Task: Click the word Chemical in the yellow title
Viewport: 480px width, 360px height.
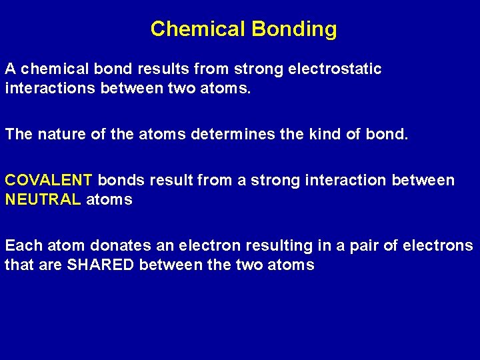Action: (197, 29)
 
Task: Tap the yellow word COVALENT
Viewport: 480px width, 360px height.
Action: (49, 181)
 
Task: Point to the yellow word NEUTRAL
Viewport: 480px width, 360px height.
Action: (43, 199)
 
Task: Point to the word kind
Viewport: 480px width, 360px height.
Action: (323, 134)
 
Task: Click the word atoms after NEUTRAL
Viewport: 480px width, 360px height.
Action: (109, 199)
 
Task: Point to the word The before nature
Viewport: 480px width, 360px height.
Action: (19, 134)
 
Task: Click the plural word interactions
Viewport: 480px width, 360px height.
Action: (50, 88)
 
